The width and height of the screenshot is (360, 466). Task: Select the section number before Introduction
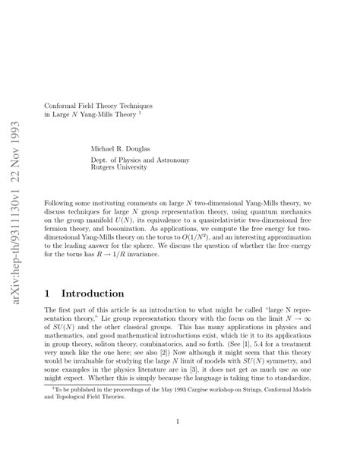(x=49, y=293)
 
